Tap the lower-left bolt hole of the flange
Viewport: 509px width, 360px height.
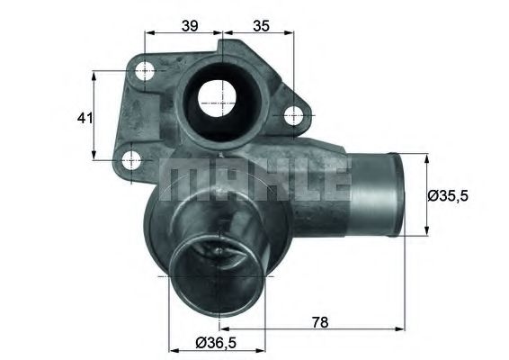click(132, 162)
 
